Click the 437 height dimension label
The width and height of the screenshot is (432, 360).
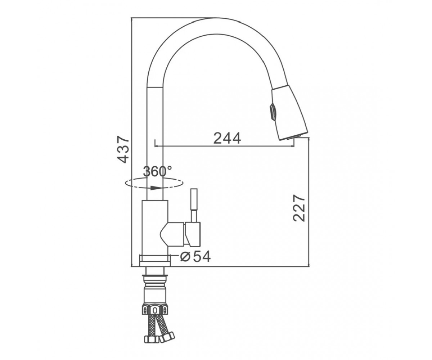coord(123,149)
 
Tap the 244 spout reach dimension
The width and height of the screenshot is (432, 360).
coord(227,138)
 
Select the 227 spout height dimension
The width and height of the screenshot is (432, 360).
coord(299,208)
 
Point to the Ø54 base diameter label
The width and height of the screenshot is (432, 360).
coord(195,257)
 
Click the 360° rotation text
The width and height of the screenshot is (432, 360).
coord(157,171)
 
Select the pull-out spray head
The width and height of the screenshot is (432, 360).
coord(289,113)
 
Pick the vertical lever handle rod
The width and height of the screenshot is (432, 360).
coord(194,206)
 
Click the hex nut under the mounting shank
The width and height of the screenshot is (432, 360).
coord(155,310)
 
